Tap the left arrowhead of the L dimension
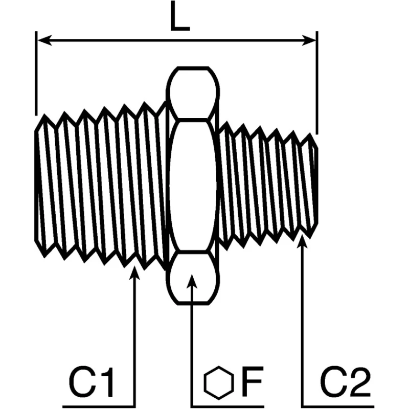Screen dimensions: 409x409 tap(44, 40)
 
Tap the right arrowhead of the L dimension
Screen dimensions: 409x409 tap(309, 40)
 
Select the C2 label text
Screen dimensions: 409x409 tap(345, 381)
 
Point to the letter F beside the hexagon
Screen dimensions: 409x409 tap(252, 381)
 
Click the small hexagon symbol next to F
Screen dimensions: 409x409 tap(219, 382)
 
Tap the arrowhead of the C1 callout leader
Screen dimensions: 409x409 tap(134, 272)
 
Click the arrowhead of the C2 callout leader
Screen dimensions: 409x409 tap(302, 241)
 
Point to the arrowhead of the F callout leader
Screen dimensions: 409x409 tap(192, 281)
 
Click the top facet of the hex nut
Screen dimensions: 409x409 tap(193, 93)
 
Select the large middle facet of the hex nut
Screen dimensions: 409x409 tap(193, 186)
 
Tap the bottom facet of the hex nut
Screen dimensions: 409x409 tap(193, 278)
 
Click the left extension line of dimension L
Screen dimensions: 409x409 tap(36, 73)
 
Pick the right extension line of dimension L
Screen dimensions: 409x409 tap(316, 83)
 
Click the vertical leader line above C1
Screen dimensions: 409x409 tap(134, 339)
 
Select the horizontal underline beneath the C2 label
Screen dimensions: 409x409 tap(336, 406)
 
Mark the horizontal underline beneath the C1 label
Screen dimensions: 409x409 tap(99, 406)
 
